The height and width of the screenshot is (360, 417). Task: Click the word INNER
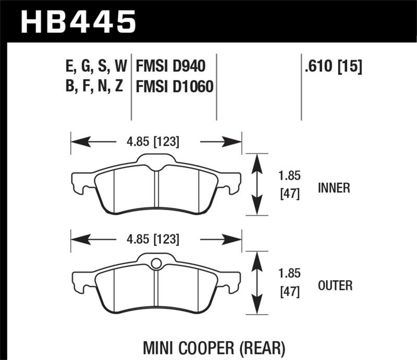pos(334,188)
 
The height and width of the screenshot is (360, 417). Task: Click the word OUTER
pos(335,285)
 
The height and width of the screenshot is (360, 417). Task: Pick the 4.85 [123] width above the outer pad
pos(156,240)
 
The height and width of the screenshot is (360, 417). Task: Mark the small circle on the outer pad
pos(156,264)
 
